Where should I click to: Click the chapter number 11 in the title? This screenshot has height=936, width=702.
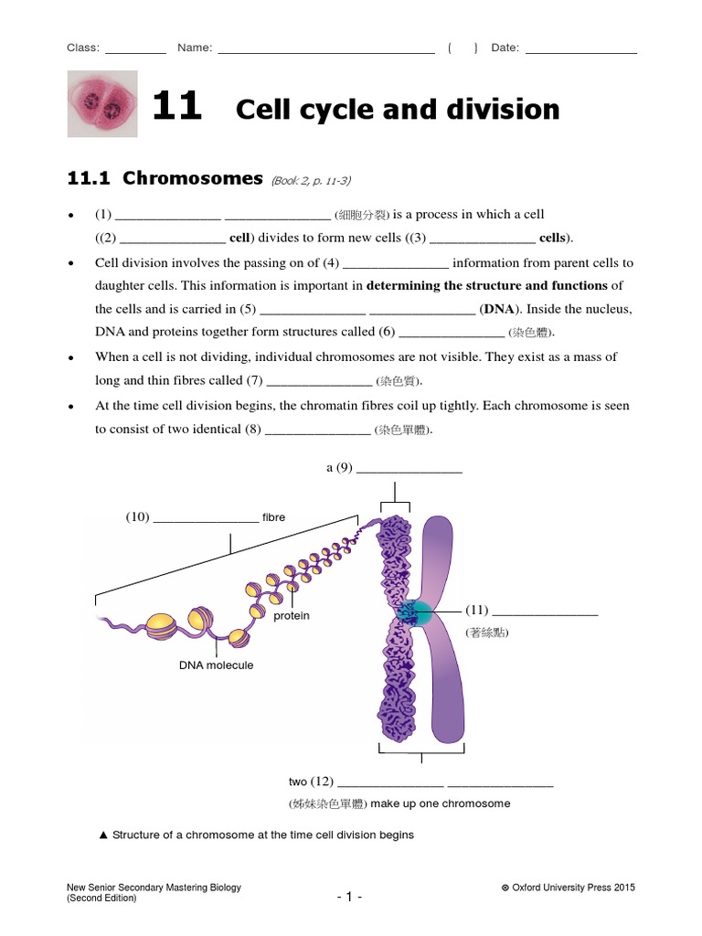[x=175, y=108]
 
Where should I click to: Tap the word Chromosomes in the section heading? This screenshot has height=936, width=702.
[x=192, y=177]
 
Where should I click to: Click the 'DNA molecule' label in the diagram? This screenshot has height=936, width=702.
[x=216, y=665]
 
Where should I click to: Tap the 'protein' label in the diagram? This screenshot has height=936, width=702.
[x=292, y=616]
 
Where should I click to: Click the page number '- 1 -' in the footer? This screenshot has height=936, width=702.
[x=349, y=897]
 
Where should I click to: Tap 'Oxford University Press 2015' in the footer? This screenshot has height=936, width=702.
[x=573, y=888]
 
